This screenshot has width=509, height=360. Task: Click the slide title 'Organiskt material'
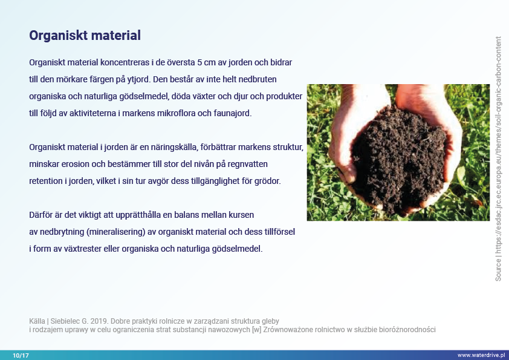pos(85,36)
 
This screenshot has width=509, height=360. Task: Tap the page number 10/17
pos(21,355)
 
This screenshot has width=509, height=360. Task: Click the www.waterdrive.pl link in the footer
pos(481,355)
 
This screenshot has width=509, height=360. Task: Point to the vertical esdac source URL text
pos(498,159)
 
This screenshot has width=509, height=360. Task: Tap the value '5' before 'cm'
pos(199,62)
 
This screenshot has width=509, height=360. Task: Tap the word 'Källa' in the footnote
pos(37,321)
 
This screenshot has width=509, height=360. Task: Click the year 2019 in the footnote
pos(99,321)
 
